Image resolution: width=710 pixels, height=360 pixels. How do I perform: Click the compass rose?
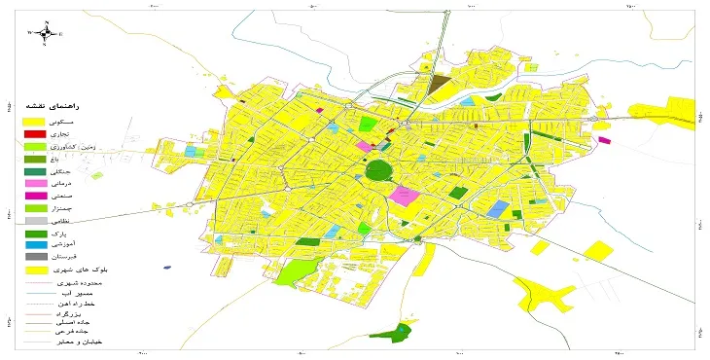(x=43, y=32)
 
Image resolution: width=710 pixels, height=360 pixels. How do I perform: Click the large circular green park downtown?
(x=378, y=172)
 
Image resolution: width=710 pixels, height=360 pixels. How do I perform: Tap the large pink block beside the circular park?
(x=404, y=195)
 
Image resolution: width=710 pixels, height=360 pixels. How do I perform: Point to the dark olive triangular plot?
(x=439, y=86)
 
